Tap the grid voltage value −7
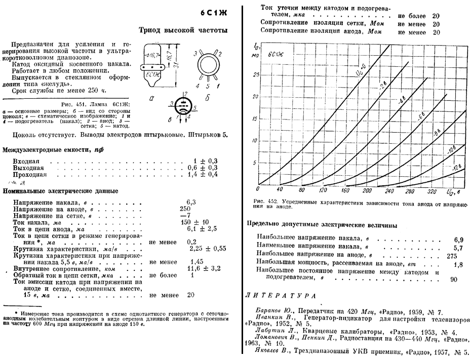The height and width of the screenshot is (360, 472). tap(187, 216)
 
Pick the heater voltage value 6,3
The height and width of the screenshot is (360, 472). tap(191, 201)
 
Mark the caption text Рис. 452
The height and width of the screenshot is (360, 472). tap(262, 202)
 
